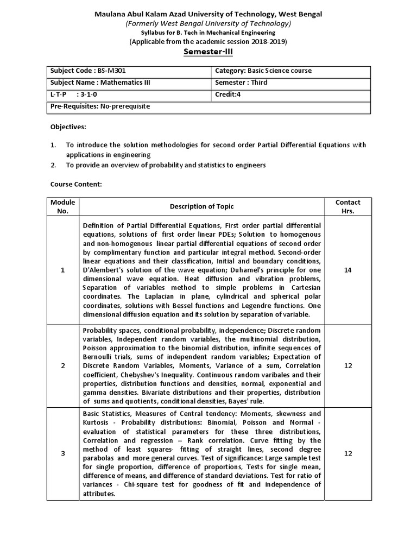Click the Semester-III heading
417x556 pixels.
[x=208, y=52]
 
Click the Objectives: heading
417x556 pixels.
[x=68, y=127]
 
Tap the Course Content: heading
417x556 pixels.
[x=76, y=185]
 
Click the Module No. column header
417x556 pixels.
[x=62, y=206]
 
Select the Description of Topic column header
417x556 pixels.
[x=202, y=206]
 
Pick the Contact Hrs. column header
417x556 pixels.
[x=348, y=206]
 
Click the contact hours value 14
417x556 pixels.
[x=348, y=270]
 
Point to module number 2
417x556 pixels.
[x=62, y=365]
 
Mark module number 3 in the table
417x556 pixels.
[x=62, y=453]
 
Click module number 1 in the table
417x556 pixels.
[x=62, y=270]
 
